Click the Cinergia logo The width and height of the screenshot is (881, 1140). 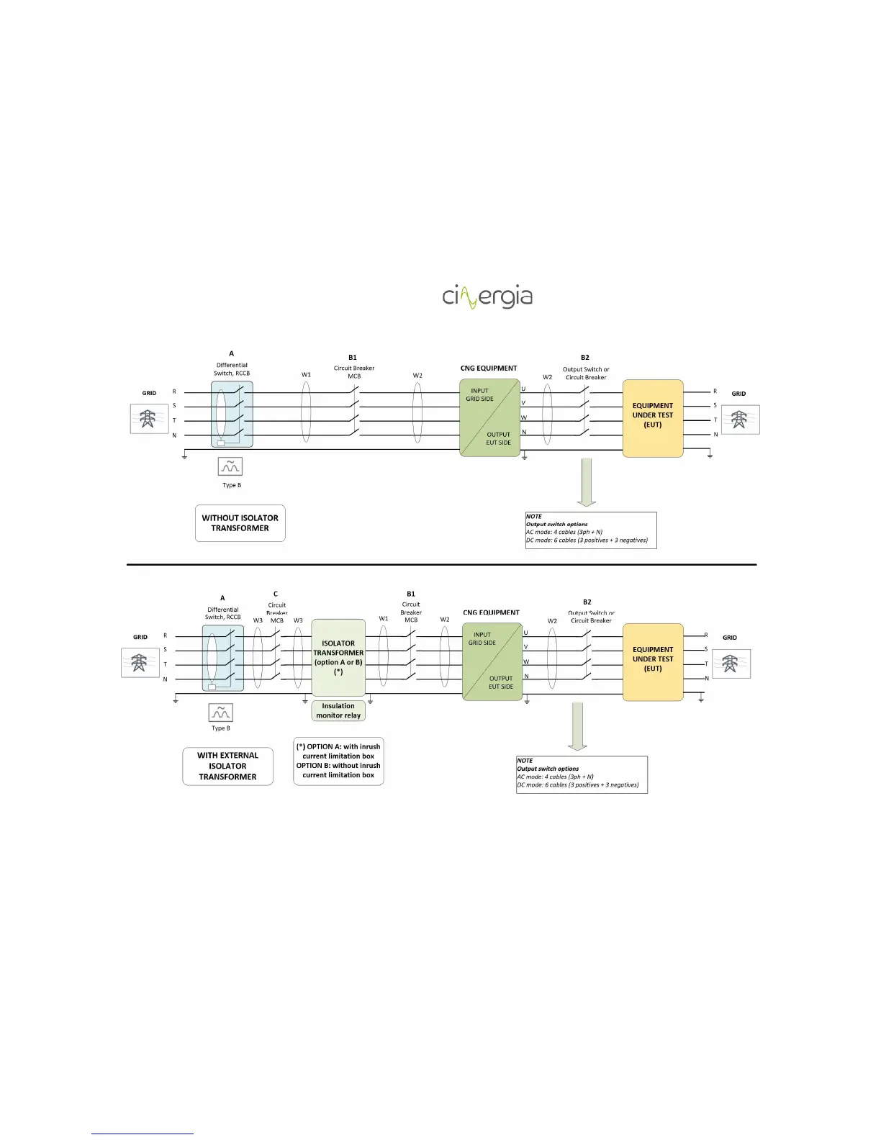(x=487, y=297)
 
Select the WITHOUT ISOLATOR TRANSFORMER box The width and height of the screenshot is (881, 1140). (x=240, y=523)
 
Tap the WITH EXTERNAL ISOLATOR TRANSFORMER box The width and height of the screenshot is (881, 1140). (x=227, y=766)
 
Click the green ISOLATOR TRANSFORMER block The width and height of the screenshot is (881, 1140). (x=338, y=657)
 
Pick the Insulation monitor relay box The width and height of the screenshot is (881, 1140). (x=338, y=711)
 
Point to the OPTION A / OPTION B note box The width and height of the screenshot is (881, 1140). (x=338, y=761)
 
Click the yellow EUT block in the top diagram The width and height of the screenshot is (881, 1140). (x=653, y=418)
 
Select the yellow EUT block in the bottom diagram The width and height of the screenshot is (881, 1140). (x=653, y=662)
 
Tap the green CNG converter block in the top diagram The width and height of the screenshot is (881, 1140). (x=489, y=417)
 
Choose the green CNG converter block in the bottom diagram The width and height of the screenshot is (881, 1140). (x=492, y=661)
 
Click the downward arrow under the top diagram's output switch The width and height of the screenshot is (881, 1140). (x=587, y=481)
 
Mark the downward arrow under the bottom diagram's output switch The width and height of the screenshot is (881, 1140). (x=578, y=725)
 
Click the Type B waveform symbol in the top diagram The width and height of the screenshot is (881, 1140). (x=230, y=466)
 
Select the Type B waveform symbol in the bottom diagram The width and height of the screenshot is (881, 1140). (x=221, y=712)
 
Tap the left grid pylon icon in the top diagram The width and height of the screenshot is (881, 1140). (x=149, y=419)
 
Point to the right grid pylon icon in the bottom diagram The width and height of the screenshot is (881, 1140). (x=731, y=664)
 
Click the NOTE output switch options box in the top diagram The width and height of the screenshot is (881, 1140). (x=591, y=530)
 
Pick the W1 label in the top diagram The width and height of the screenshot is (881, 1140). (x=307, y=375)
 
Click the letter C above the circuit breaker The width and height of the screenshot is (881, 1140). (x=276, y=594)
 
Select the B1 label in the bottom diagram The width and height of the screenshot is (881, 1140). (x=411, y=594)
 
